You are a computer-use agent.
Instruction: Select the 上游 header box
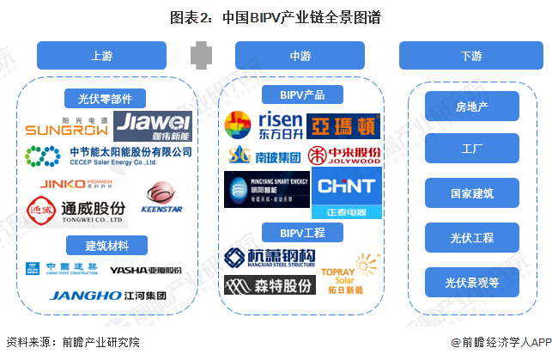point(100,56)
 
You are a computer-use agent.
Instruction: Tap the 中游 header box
point(300,56)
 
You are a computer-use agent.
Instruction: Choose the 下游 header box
point(470,56)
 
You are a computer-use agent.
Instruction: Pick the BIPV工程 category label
point(300,232)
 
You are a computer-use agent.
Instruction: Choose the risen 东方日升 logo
point(263,125)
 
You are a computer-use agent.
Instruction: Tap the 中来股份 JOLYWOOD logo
point(343,156)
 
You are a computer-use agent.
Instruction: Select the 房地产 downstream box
point(471,107)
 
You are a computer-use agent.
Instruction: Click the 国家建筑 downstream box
point(471,193)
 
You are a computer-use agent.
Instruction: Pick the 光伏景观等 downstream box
point(471,282)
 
